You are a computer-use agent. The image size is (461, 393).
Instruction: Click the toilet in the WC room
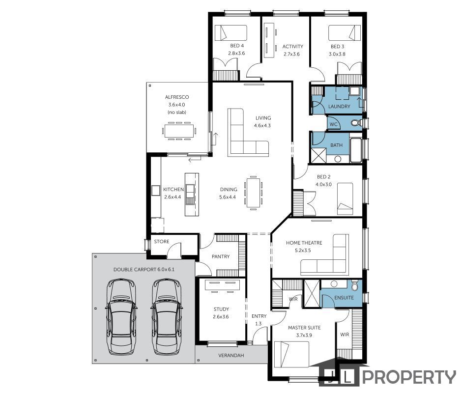point(357,123)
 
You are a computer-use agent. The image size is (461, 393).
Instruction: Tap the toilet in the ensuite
point(354,285)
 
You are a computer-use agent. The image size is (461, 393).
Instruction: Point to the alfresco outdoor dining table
point(179,131)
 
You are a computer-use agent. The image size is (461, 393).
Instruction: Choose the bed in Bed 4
point(230,32)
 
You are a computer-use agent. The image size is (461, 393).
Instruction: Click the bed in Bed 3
point(345,32)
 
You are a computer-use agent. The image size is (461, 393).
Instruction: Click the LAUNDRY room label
point(339,107)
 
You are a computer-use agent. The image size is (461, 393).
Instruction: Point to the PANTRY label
point(221,256)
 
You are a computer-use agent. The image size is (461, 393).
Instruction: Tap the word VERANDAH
point(231,355)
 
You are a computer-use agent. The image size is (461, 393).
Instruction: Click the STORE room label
point(161,241)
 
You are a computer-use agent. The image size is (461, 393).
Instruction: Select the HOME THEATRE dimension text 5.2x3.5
point(303,251)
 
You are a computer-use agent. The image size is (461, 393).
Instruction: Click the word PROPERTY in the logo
point(409,377)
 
